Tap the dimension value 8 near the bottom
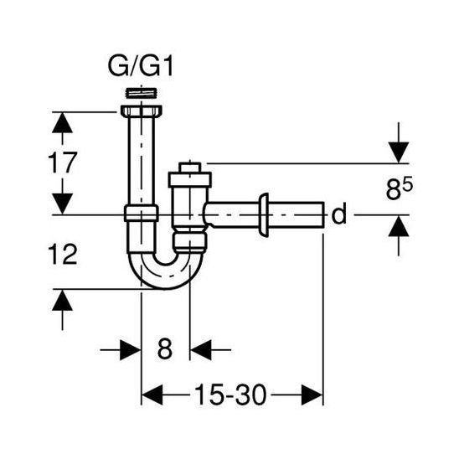[x=165, y=348]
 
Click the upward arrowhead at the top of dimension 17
[x=59, y=122]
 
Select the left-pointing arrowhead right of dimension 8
[x=201, y=348]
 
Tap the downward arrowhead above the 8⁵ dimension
[x=398, y=152]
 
